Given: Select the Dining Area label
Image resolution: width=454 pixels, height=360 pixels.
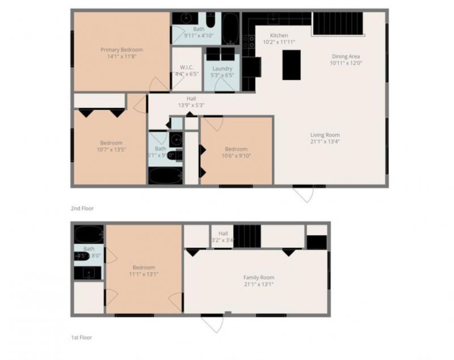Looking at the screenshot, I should point(346,56).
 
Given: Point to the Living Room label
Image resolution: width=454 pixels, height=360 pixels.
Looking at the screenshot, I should point(325,135).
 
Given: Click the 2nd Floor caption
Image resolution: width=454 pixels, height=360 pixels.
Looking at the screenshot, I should point(82,208).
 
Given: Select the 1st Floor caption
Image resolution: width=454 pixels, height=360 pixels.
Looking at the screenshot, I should point(82,338).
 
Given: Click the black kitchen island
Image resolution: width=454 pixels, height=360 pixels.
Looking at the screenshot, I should point(291,64).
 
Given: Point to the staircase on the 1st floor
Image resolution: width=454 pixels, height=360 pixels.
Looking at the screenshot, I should point(247,236).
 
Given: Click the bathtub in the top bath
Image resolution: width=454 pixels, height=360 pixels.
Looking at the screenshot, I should point(230,28).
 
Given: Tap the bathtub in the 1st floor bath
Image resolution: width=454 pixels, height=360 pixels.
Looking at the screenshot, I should point(89,234).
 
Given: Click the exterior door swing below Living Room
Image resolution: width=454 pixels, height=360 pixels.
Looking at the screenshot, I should point(304,194).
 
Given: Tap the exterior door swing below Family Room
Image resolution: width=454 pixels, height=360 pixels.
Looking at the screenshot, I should point(213,324).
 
